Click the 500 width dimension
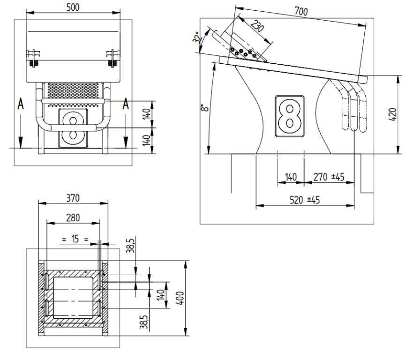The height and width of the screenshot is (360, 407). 73,7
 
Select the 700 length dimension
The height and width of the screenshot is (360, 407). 301,11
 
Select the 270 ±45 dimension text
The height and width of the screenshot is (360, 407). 328,177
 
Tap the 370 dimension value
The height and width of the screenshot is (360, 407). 73,198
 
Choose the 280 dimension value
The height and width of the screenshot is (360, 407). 73,217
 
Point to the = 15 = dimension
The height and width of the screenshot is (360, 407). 75,239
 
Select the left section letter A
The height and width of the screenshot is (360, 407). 20,104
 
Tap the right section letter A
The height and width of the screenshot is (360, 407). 125,104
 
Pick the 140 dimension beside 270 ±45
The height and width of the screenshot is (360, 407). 291,177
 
